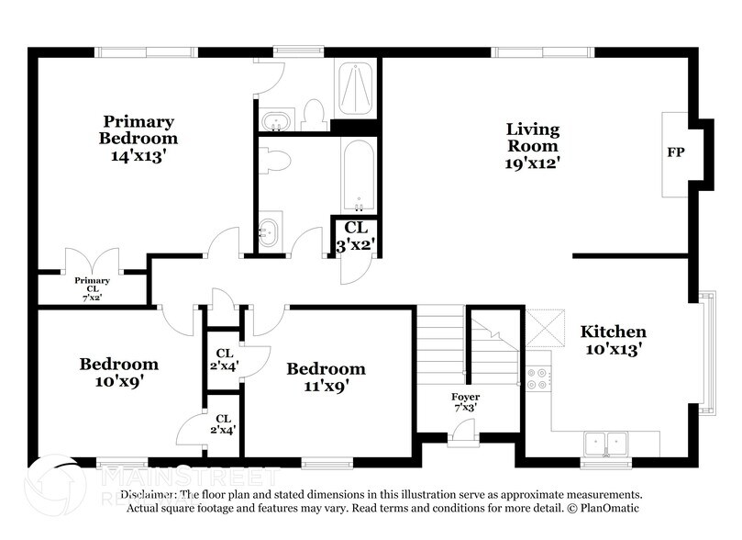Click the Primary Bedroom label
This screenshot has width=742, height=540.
(138, 129)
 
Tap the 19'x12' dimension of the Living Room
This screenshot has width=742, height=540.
(533, 163)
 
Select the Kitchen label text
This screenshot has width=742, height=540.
(613, 332)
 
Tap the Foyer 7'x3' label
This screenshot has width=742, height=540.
(464, 402)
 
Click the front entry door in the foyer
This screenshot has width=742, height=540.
(464, 432)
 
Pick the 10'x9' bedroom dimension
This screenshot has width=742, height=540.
(117, 381)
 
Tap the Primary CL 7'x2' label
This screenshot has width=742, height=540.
(92, 288)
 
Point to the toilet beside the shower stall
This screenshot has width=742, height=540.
(315, 114)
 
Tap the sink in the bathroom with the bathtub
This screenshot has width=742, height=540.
(269, 231)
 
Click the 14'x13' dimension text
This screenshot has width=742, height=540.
(138, 155)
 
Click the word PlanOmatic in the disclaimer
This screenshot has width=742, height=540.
(606, 508)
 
